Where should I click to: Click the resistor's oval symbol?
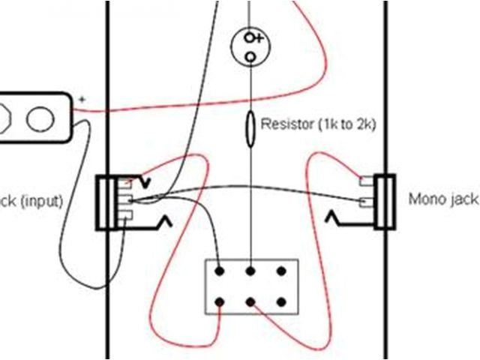250,127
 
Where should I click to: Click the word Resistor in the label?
283,124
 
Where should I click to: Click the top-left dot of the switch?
220,271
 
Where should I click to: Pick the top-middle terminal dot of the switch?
251,271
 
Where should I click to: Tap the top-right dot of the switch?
282,271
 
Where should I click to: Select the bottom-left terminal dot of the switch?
220,301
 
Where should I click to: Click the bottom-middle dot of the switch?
251,301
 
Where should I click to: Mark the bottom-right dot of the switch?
282,301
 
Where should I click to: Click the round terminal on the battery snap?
38,118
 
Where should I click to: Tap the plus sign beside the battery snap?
82,99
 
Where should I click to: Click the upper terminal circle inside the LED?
250,37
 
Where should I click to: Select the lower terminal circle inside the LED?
250,55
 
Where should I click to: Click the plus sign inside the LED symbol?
259,37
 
